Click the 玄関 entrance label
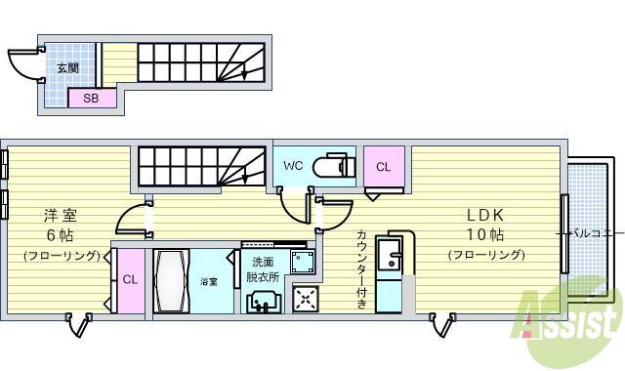[x=67, y=68]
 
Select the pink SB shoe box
[x=91, y=98]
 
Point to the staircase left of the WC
[x=200, y=165]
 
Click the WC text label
[x=293, y=166]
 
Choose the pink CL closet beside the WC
[x=384, y=167]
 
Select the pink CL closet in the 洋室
[x=129, y=279]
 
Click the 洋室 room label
[x=61, y=215]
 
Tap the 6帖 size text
[x=61, y=235]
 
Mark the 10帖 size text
[x=485, y=235]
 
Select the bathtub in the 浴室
[x=171, y=281]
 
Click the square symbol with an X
[x=306, y=299]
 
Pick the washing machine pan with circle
[x=303, y=262]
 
